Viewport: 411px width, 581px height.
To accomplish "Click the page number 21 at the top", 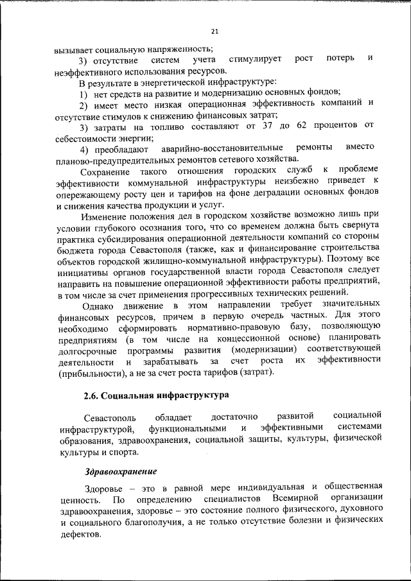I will click(x=214, y=31).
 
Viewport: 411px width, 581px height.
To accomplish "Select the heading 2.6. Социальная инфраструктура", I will click(x=156, y=394).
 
